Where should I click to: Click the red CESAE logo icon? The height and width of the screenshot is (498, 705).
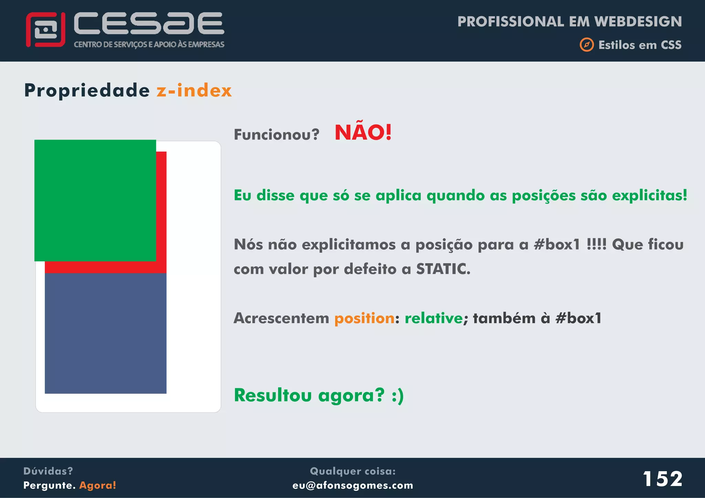click(45, 30)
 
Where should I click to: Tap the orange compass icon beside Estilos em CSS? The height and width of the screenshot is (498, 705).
click(587, 45)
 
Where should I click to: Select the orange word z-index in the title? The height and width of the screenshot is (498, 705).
click(194, 90)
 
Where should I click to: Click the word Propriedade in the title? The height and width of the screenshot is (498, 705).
click(87, 91)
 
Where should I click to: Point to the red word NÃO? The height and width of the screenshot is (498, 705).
click(363, 132)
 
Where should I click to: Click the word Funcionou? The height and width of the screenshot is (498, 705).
click(276, 134)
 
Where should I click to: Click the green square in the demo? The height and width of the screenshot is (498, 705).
click(95, 200)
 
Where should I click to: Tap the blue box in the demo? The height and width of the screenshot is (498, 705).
click(105, 333)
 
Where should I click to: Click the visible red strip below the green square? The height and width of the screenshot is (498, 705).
click(105, 267)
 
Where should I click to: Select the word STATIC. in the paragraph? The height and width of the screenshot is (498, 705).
click(443, 269)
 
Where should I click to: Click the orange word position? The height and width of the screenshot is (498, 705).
click(364, 318)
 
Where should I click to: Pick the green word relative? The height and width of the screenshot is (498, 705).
click(433, 318)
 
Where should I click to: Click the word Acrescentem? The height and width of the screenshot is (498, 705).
click(281, 318)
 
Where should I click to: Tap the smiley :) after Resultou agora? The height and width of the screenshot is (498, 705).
click(397, 396)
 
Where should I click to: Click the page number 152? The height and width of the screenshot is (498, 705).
click(662, 479)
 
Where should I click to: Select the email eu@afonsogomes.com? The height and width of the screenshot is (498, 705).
click(352, 485)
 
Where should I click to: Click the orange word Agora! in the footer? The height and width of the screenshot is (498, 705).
click(98, 485)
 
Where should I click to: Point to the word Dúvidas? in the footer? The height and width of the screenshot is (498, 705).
click(48, 471)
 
